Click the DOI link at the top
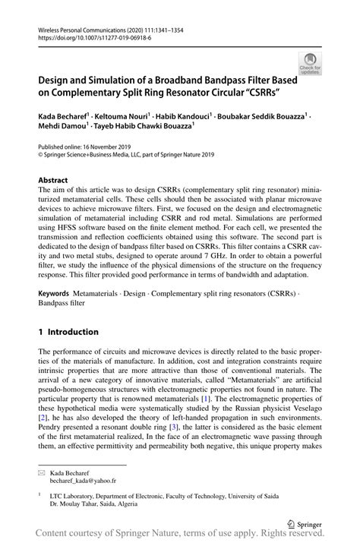[87, 35]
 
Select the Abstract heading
[54, 181]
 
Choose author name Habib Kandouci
[185, 117]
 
